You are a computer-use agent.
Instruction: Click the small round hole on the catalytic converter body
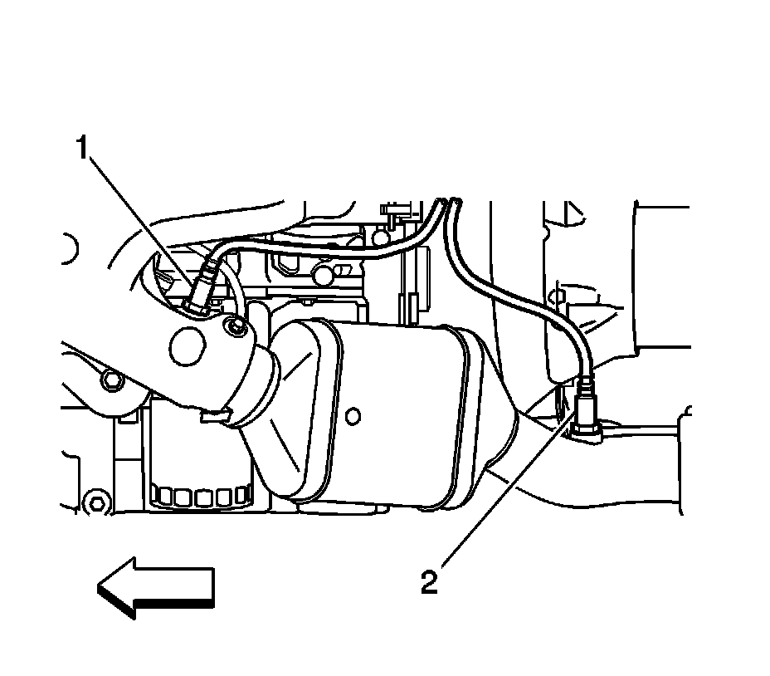353,413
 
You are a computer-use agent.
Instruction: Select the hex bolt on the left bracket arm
110,380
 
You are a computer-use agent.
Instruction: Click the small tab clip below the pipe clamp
214,413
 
